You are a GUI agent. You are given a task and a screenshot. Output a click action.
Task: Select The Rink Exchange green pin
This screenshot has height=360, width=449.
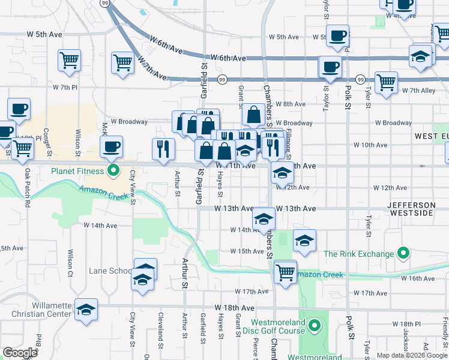(x=404, y=254)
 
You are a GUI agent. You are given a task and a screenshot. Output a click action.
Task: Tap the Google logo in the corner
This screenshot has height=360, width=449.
(x=20, y=353)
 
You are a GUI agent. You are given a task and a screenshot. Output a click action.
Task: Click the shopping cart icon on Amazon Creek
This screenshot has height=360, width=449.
(x=285, y=271)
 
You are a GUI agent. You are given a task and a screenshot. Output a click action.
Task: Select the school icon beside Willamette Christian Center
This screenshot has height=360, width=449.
(x=86, y=310)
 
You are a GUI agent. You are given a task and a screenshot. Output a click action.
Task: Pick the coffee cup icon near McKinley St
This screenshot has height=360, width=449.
(x=111, y=147)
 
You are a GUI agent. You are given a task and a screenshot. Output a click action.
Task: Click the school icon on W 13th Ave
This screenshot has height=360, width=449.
(x=264, y=220)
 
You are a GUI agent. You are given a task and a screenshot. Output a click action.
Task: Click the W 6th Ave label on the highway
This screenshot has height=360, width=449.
(x=231, y=58)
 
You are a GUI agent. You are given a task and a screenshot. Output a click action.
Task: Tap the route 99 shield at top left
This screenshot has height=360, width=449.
(x=105, y=3)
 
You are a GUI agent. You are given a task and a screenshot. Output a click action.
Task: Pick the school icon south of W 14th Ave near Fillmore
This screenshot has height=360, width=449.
(x=304, y=241)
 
